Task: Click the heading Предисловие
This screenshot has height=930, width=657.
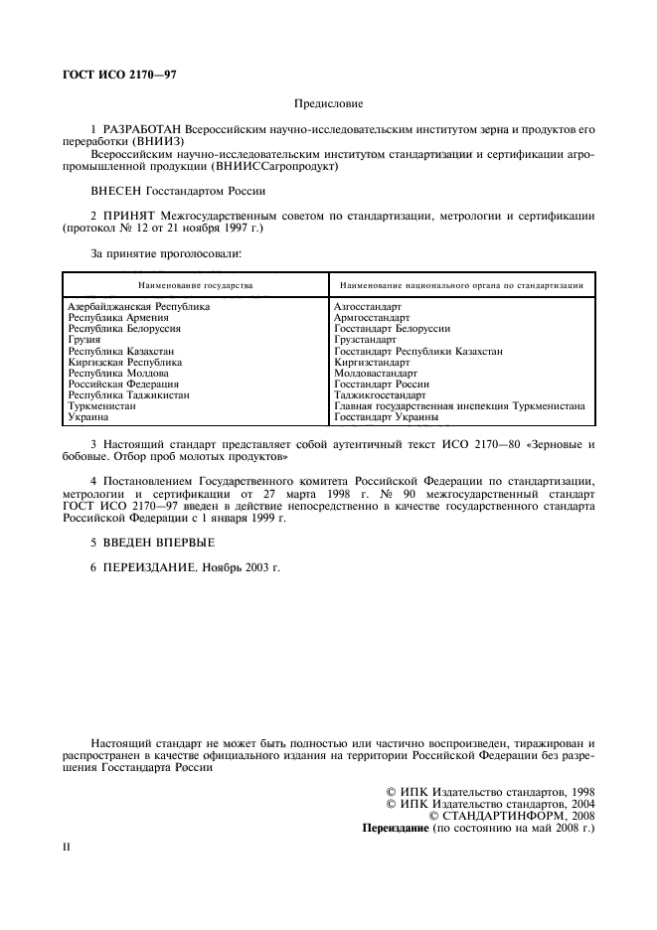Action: [328, 103]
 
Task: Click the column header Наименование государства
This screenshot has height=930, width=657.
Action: [196, 285]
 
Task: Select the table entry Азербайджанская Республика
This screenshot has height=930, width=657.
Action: [138, 307]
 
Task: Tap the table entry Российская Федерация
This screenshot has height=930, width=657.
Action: [122, 384]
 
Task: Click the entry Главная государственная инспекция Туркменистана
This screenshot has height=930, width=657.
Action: [459, 405]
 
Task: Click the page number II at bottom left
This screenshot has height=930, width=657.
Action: [67, 851]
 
